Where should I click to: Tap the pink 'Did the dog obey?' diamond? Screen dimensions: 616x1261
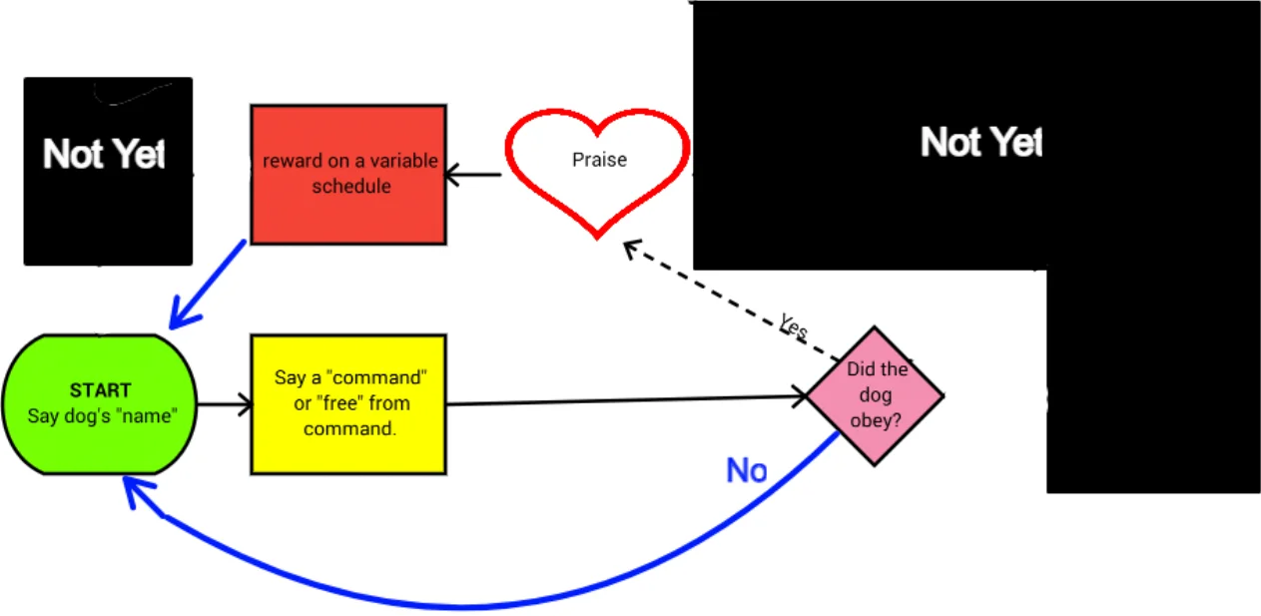click(x=876, y=395)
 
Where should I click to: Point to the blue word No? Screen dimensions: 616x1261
click(x=746, y=470)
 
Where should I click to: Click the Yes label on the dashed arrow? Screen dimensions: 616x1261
click(x=794, y=326)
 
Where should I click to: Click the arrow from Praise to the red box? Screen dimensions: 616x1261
click(x=475, y=176)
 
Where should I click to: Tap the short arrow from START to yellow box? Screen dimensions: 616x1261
click(x=224, y=404)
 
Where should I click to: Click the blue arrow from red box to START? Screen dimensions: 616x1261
click(x=208, y=284)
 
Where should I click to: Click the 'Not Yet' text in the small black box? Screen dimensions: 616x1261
click(x=104, y=155)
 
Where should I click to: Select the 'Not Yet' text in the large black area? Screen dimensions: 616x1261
click(x=980, y=143)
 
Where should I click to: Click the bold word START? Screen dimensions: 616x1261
click(x=100, y=390)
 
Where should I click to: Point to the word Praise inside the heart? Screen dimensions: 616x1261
click(x=599, y=159)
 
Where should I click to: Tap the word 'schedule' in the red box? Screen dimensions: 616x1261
click(x=350, y=186)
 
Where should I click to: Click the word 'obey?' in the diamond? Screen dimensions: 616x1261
click(x=875, y=420)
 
